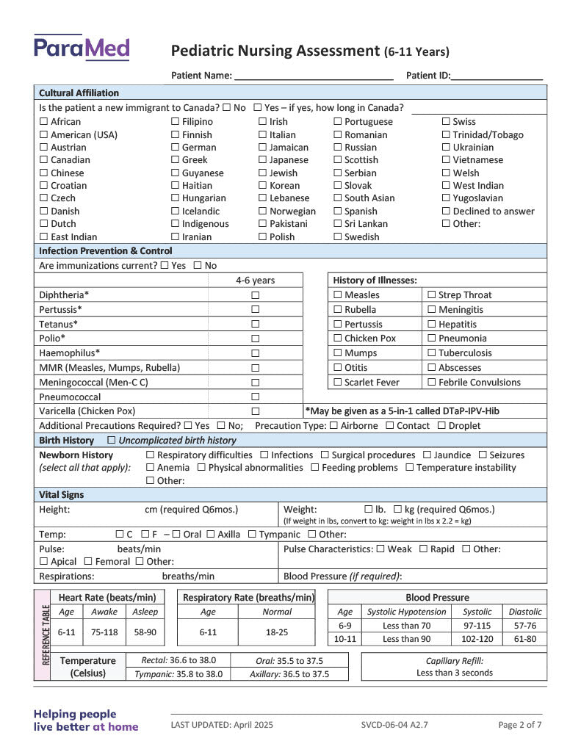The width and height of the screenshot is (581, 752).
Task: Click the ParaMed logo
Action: click(82, 48)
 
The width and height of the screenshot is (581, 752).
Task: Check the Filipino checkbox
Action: click(176, 122)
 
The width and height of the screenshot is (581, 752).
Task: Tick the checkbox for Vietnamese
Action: click(446, 160)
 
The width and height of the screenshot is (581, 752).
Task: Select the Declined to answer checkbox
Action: click(446, 211)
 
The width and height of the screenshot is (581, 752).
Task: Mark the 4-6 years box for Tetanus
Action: click(256, 324)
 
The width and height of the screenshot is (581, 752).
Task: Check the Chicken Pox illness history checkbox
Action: click(338, 339)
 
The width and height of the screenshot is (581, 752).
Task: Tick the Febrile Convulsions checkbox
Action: click(432, 383)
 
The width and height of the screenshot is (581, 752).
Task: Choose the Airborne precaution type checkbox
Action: click(334, 426)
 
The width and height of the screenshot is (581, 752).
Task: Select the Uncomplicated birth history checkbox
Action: click(112, 441)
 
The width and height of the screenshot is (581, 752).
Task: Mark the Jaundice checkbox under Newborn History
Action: click(427, 455)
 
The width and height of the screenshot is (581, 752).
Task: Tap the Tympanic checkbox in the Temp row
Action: click(253, 535)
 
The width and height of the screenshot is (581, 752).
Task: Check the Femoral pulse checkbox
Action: click(89, 562)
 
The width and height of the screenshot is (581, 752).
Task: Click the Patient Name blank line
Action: click(314, 76)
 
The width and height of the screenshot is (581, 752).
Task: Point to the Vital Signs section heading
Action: click(62, 495)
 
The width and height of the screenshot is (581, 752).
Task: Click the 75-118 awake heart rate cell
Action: click(104, 632)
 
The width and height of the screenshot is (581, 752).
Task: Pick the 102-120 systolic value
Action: click(477, 639)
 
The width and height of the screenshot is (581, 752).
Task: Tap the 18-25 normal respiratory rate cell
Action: click(276, 632)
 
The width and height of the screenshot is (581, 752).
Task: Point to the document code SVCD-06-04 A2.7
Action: click(394, 725)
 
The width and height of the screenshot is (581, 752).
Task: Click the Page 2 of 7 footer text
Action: click(520, 725)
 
